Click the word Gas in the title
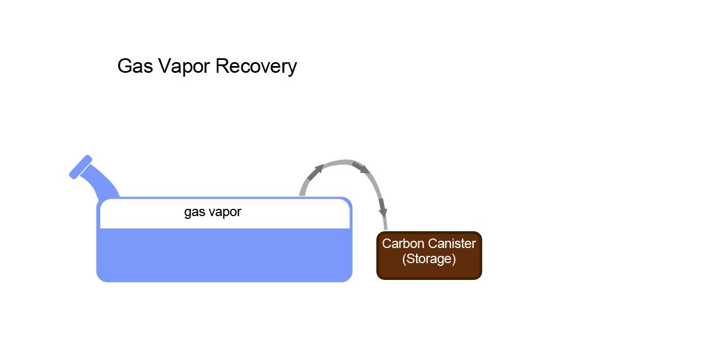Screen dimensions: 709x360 pyautogui.click(x=135, y=67)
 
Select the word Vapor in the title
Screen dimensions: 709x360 pyautogui.click(x=184, y=67)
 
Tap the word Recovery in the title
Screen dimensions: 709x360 pyautogui.click(x=256, y=67)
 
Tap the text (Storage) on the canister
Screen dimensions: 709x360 pyautogui.click(x=429, y=259)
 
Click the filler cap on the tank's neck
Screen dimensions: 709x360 pyautogui.click(x=81, y=167)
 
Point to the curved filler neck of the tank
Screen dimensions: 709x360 pyautogui.click(x=101, y=183)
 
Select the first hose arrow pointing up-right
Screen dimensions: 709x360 pyautogui.click(x=315, y=172)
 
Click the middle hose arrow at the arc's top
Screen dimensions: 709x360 pyautogui.click(x=361, y=167)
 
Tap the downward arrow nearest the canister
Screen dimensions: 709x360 pyautogui.click(x=383, y=208)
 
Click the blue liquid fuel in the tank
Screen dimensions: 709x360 pyautogui.click(x=225, y=255)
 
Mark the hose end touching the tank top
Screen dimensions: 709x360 pyautogui.click(x=302, y=194)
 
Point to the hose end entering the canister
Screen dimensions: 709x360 pyautogui.click(x=385, y=228)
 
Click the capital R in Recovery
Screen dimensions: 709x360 pyautogui.click(x=222, y=66)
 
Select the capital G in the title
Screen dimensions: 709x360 pyautogui.click(x=125, y=66)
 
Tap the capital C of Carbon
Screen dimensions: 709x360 pyautogui.click(x=387, y=244)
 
